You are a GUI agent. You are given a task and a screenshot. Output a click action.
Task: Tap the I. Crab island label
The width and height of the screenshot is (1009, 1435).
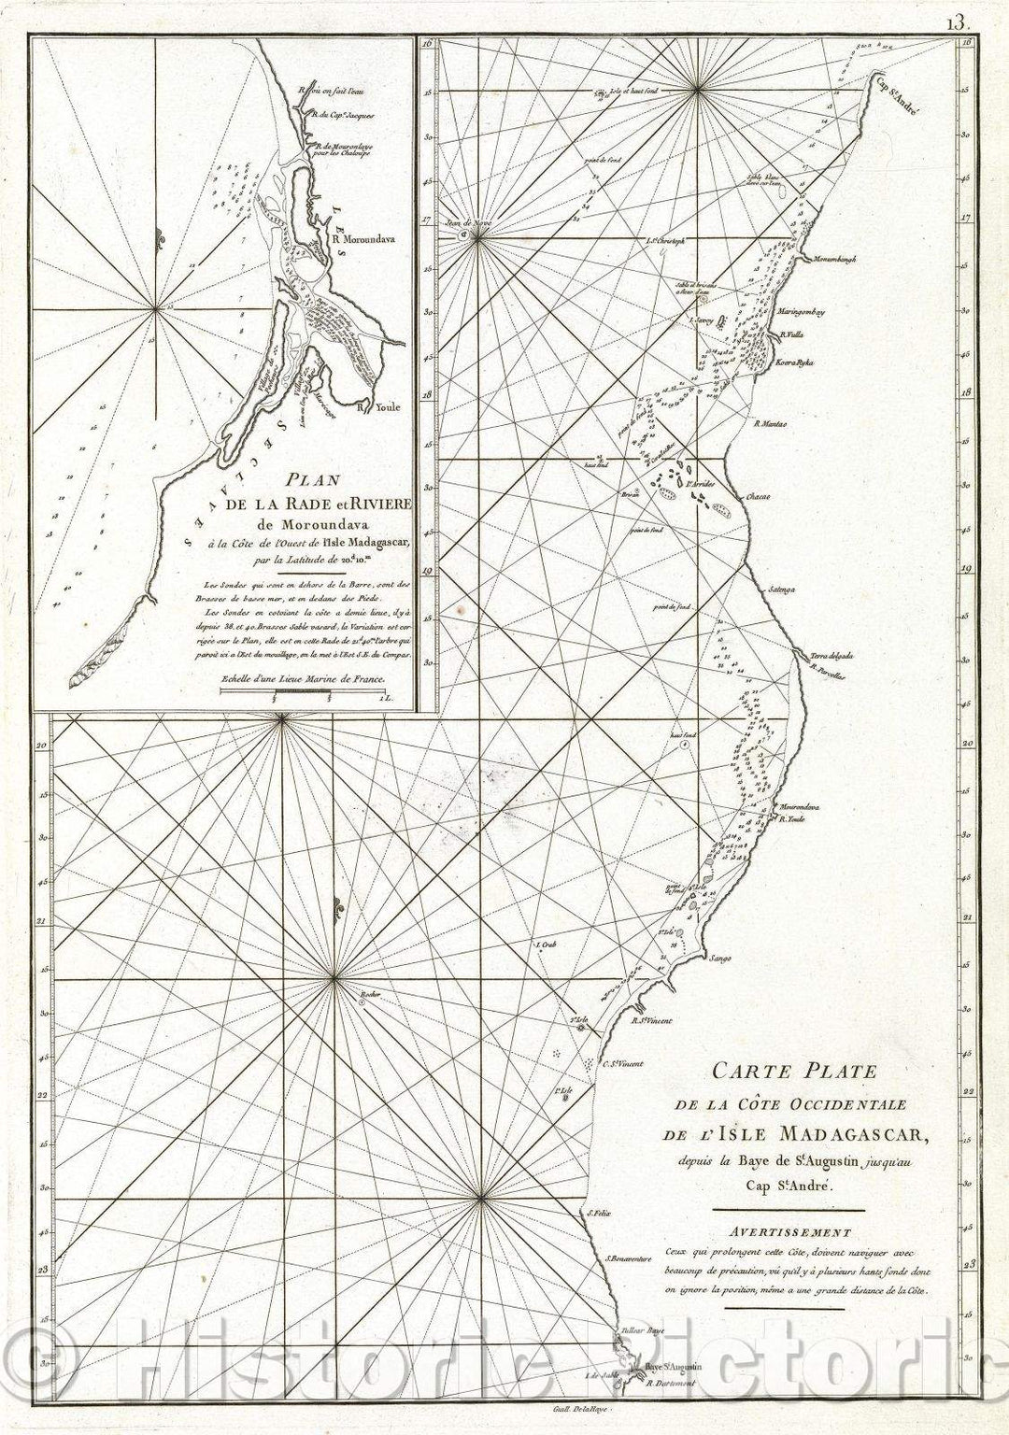coord(546,945)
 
